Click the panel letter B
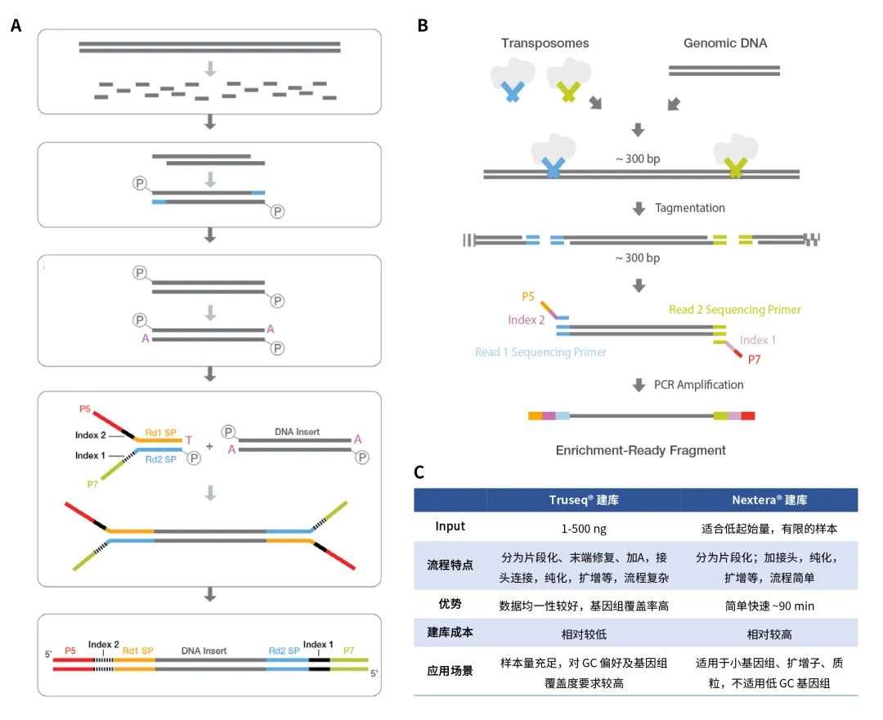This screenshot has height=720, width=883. point(423,26)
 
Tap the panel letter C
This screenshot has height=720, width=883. point(419,472)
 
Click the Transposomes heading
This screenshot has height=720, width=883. point(545,43)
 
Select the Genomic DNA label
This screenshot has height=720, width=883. point(724,43)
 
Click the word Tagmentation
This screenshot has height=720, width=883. point(689,208)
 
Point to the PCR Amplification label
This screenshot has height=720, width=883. point(699,384)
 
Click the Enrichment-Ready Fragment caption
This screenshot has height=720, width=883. point(640,450)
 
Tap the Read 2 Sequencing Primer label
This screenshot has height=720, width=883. point(735,310)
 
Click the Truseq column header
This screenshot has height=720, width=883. point(584,499)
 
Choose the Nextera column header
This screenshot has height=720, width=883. point(769,499)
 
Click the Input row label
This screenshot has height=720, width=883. point(450,526)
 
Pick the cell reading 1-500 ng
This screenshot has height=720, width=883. point(584,526)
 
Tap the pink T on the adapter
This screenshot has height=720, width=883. point(189,440)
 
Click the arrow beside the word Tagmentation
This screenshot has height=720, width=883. point(639,208)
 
